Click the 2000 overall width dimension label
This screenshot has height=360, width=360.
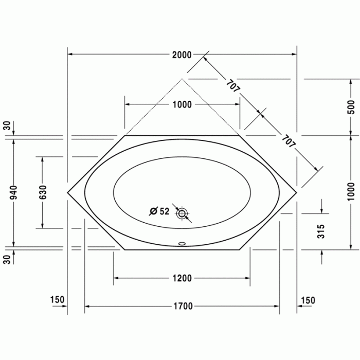tap(182, 55)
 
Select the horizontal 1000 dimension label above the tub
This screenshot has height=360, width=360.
tap(182, 105)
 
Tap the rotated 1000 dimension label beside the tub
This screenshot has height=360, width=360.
tap(351, 191)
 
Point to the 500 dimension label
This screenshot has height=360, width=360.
tap(351, 106)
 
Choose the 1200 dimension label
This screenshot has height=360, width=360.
tap(182, 278)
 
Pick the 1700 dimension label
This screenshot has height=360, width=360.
tap(182, 307)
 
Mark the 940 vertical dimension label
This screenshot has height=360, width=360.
tap(14, 192)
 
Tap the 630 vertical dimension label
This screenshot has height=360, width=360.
tap(42, 192)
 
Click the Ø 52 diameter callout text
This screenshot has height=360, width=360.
tap(159, 211)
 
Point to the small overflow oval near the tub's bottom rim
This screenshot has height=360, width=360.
tap(182, 244)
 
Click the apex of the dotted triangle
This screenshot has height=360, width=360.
tap(182, 79)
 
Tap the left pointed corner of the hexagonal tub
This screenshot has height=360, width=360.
tap(68, 192)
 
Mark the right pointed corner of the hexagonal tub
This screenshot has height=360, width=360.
tap(297, 192)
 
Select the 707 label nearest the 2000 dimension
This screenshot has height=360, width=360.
tap(232, 84)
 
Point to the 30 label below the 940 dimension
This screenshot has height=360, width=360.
tap(7, 259)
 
